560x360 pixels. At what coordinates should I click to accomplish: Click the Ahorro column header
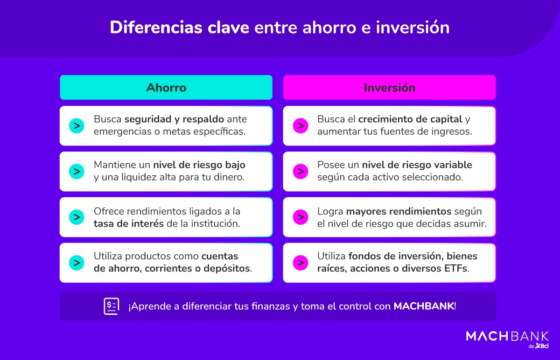point(166,88)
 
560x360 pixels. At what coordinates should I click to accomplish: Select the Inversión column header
point(389,88)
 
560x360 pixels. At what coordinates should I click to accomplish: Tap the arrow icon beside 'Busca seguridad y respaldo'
point(76,126)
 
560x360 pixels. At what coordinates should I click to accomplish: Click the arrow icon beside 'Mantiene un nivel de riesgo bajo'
point(76,171)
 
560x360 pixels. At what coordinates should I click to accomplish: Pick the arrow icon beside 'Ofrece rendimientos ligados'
point(76,217)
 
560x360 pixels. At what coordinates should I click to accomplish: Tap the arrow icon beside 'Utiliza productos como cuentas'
point(76,263)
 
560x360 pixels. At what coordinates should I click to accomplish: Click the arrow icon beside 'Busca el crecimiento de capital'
point(300,126)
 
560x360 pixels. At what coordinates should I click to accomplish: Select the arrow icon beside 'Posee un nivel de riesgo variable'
point(300,171)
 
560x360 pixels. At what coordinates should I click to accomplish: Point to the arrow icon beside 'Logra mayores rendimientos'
point(300,217)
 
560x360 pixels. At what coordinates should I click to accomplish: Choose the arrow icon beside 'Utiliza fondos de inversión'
point(300,263)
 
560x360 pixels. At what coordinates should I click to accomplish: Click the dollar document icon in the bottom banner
point(111,306)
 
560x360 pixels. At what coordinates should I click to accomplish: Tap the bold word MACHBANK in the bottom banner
point(424,306)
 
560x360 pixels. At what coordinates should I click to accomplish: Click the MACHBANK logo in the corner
point(507,336)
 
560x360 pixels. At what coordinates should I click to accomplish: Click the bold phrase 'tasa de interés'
point(129,223)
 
